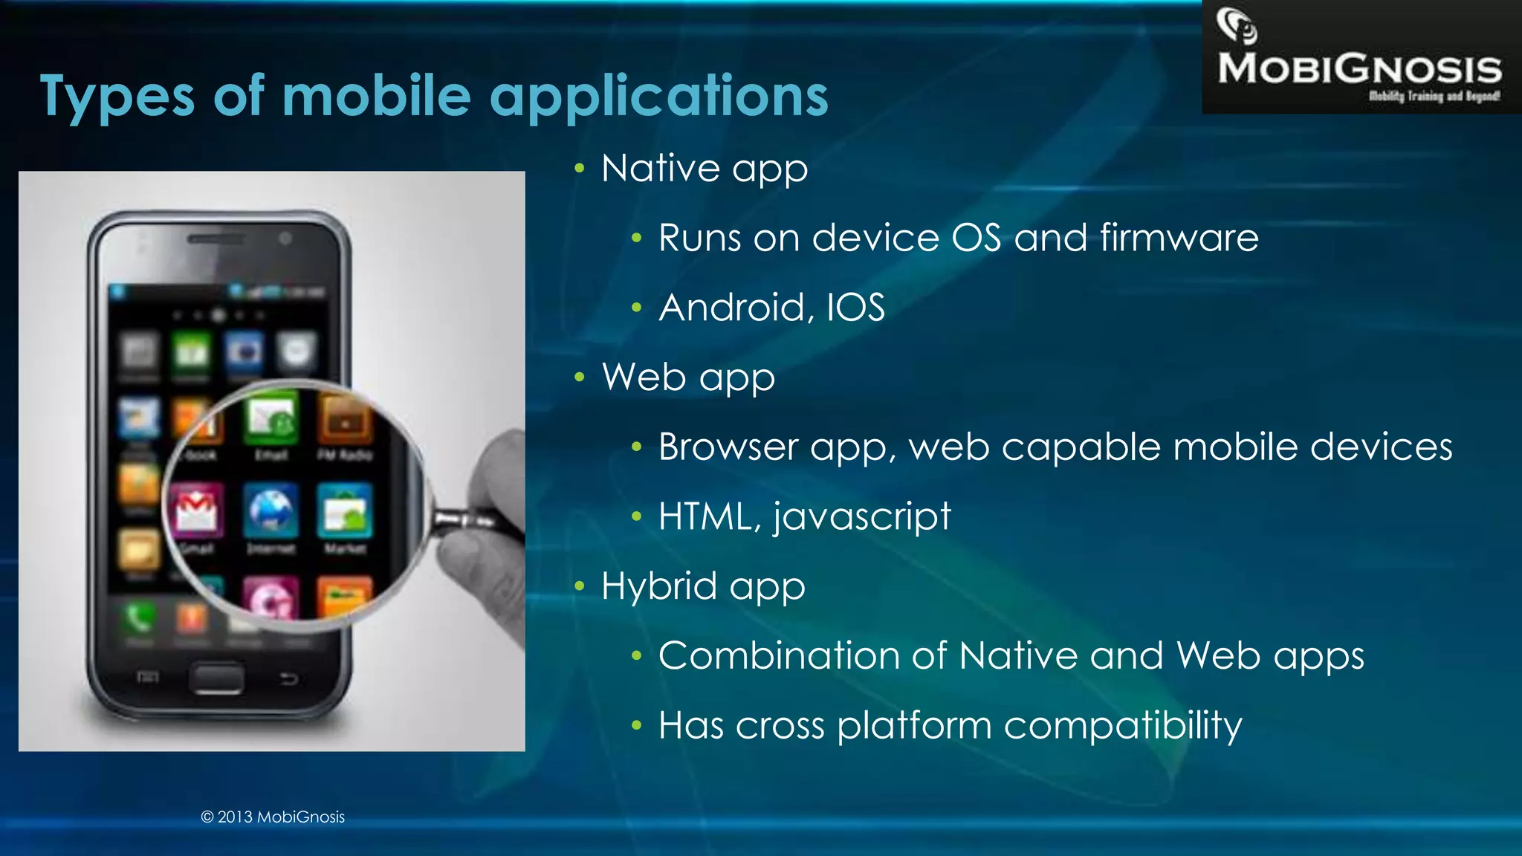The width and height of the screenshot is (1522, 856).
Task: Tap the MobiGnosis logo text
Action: click(x=1359, y=69)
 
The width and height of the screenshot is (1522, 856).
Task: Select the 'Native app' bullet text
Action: click(x=704, y=169)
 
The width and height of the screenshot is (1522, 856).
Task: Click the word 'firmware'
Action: click(x=1179, y=239)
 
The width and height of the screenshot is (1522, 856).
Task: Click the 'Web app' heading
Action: click(x=688, y=377)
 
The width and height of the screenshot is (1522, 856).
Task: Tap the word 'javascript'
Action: click(x=861, y=517)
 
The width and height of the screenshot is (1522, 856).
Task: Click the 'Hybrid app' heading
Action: click(x=703, y=586)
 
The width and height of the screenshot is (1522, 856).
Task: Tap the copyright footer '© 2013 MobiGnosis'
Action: click(x=273, y=817)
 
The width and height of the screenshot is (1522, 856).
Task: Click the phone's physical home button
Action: click(x=216, y=678)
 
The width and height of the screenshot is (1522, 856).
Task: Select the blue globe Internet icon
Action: click(x=271, y=510)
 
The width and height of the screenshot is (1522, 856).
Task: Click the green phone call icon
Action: click(x=139, y=617)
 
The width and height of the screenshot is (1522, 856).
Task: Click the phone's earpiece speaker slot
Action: click(x=216, y=239)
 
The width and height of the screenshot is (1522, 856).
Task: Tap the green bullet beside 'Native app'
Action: click(x=580, y=169)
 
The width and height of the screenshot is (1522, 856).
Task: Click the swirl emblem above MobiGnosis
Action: click(x=1237, y=25)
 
